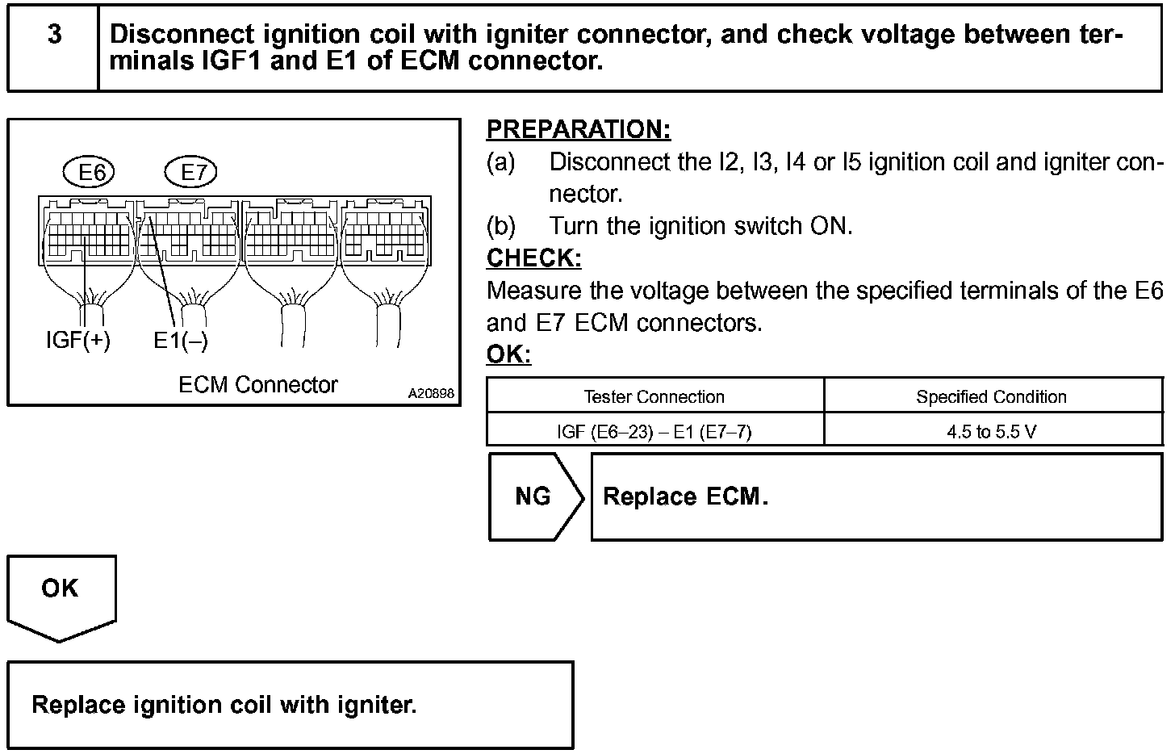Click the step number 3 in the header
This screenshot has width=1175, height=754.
click(54, 35)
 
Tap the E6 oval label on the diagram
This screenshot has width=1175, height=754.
click(89, 172)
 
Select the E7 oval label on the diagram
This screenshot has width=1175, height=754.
click(191, 172)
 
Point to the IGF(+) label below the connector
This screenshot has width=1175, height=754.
click(78, 340)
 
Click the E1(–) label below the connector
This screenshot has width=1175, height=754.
click(181, 340)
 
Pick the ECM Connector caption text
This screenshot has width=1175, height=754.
click(257, 385)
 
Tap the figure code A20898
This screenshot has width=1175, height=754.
click(431, 394)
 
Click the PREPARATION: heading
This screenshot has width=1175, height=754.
click(579, 129)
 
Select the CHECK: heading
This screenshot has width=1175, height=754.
click(533, 258)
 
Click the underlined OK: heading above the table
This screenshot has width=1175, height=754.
click(508, 354)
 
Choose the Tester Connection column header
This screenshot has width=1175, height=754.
click(654, 397)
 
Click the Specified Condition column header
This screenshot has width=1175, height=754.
click(991, 397)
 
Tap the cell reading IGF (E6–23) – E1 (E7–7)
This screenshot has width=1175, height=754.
click(654, 432)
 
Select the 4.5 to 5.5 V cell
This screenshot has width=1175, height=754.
click(991, 432)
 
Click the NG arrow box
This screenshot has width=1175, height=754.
click(535, 496)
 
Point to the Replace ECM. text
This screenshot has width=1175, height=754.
click(685, 496)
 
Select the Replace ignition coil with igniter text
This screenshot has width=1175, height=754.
click(224, 706)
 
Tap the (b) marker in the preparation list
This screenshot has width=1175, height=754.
click(500, 226)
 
